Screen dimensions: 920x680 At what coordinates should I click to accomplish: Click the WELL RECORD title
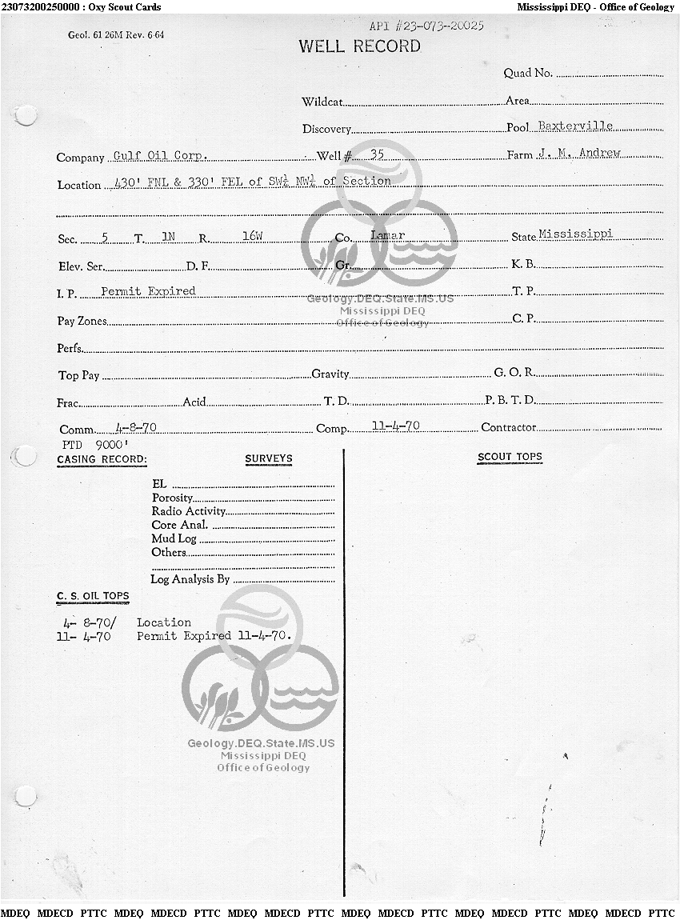(359, 46)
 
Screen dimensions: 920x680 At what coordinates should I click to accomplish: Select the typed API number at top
(426, 26)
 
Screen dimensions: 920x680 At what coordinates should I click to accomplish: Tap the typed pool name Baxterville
(575, 126)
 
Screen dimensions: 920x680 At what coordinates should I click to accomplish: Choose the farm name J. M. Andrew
(578, 153)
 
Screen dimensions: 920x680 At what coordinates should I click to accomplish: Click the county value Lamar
(388, 235)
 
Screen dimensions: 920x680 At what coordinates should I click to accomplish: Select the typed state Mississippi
(575, 234)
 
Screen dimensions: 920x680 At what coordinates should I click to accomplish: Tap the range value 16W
(252, 237)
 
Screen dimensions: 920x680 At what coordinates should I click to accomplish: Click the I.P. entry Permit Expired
(148, 291)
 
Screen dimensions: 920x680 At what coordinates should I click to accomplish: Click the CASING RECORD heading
(102, 459)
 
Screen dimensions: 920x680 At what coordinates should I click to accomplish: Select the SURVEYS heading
(269, 459)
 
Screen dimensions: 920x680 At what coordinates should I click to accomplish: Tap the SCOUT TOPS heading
(510, 458)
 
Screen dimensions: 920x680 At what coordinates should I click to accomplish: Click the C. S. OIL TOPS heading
(93, 596)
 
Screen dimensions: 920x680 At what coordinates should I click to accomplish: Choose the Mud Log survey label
(174, 538)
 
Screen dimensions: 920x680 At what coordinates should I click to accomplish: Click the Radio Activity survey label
(189, 511)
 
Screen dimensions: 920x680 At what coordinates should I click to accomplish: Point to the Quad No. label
(528, 73)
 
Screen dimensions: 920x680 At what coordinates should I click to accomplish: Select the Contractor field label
(508, 428)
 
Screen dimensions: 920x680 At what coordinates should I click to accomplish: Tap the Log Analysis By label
(190, 579)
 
